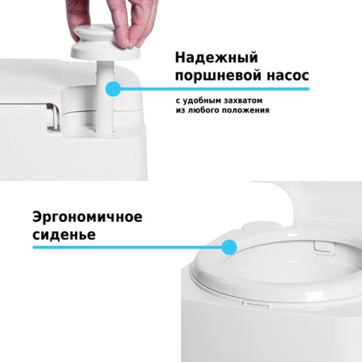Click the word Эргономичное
88,217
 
